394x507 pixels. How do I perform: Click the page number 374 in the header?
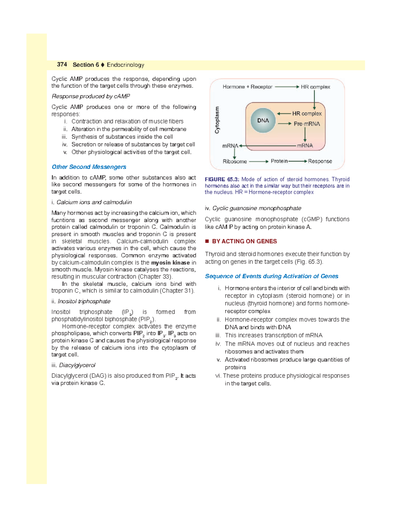62,65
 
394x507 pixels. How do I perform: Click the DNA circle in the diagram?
263,121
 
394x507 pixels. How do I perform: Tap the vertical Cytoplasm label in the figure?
217,120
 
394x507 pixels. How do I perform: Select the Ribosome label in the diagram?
234,161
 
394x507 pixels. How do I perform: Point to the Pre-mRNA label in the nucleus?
307,124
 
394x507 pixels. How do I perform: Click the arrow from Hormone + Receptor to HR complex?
287,87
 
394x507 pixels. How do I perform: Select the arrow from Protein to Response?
297,161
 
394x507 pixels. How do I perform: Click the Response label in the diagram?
320,161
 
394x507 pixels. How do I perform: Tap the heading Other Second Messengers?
89,167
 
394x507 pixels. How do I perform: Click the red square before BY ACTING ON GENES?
207,241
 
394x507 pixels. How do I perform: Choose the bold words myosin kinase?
170,263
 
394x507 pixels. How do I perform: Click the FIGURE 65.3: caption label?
222,179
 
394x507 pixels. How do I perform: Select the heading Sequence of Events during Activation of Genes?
272,276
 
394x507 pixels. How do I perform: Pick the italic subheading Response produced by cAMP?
91,96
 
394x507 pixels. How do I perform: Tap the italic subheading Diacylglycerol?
77,365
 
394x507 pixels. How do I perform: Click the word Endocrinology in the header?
125,65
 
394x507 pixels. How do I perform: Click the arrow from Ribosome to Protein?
259,161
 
